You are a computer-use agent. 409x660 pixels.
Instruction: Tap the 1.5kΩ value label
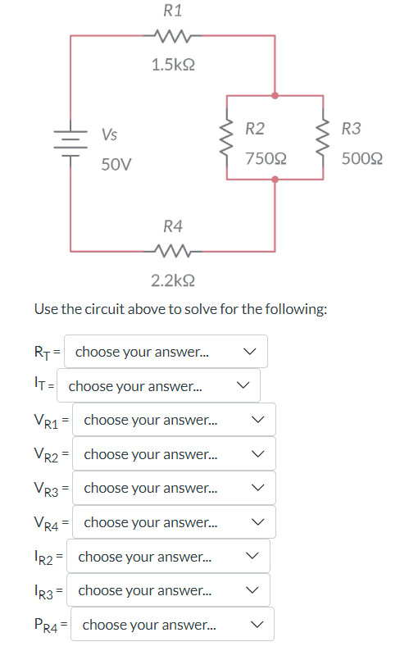tap(173, 64)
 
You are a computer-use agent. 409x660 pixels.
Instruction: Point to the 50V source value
tap(116, 165)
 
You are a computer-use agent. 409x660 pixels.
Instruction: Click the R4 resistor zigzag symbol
tap(173, 250)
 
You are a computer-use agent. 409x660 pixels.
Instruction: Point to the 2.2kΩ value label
tap(173, 281)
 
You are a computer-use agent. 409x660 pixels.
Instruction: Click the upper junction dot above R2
tap(275, 96)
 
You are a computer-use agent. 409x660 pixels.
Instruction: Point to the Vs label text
tap(109, 134)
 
